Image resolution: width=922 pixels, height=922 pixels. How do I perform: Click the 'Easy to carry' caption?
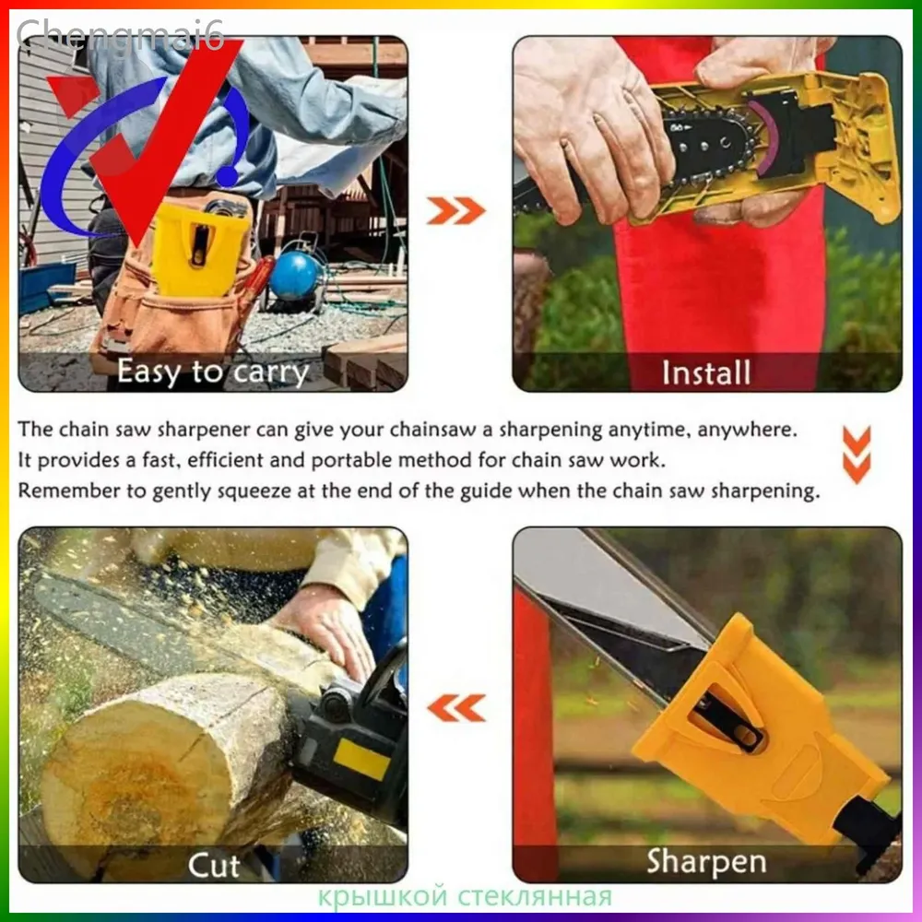(212, 372)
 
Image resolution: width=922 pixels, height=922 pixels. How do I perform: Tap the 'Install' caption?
(706, 372)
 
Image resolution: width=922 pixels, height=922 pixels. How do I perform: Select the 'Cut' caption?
(214, 865)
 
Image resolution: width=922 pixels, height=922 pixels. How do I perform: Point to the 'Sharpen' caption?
(707, 862)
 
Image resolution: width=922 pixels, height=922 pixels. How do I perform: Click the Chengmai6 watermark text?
(121, 34)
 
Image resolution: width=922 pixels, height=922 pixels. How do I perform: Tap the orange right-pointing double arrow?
(456, 210)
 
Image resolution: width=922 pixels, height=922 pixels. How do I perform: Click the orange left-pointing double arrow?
(456, 707)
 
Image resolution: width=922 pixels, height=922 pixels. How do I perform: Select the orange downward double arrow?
(857, 455)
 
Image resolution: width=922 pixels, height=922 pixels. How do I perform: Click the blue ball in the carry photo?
(295, 276)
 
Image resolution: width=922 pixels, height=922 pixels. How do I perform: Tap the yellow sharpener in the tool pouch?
(200, 249)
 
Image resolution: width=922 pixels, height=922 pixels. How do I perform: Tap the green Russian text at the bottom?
(465, 897)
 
